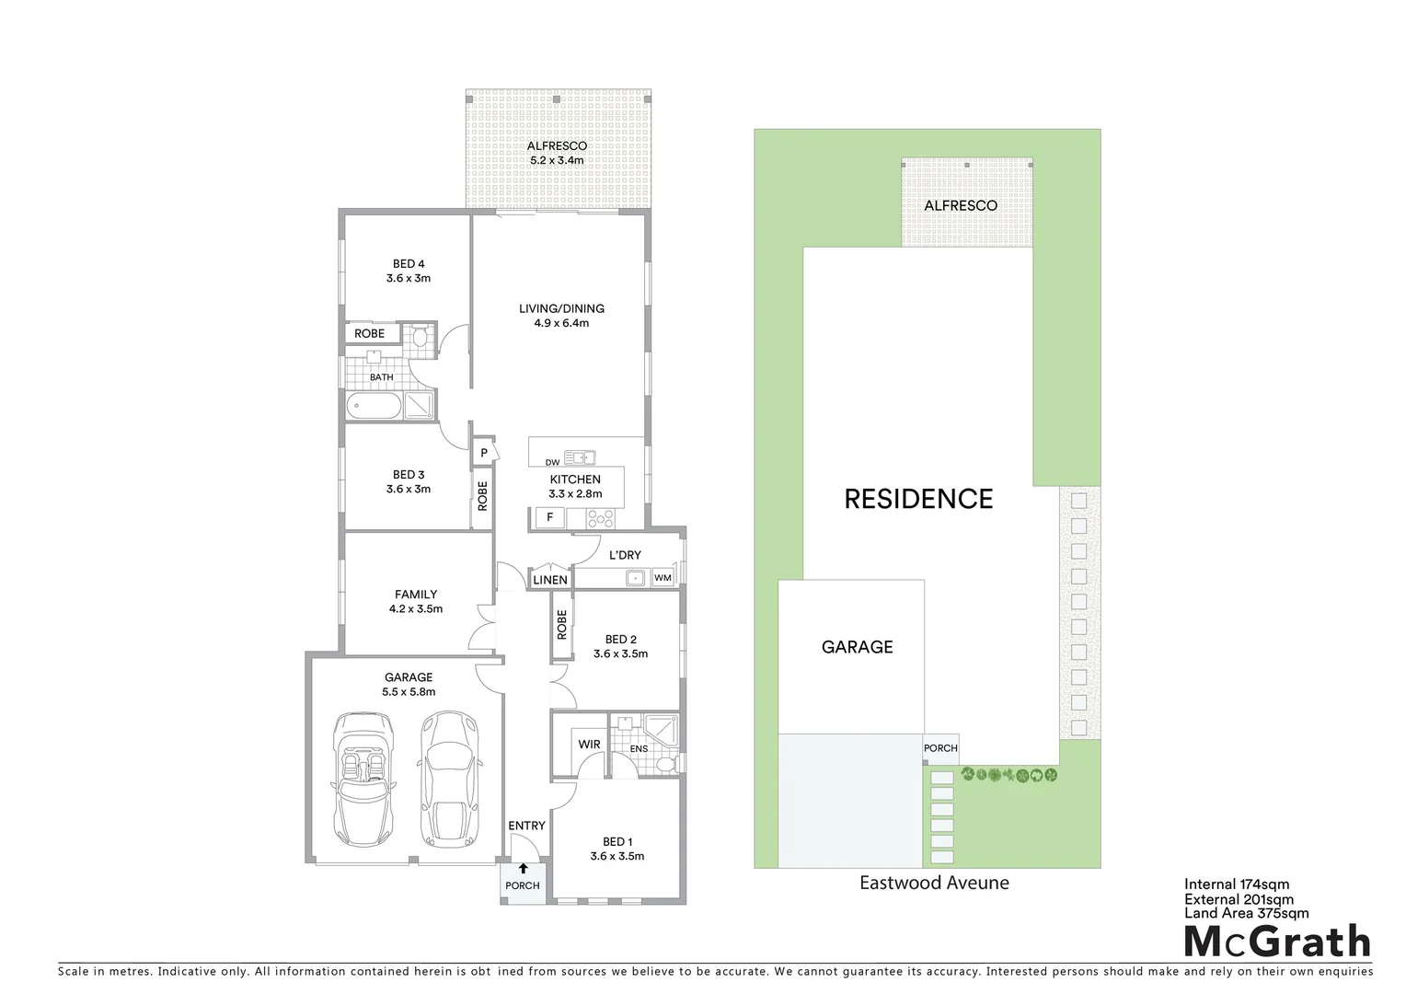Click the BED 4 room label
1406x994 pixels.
[x=409, y=264]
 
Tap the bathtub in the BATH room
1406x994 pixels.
[x=374, y=406]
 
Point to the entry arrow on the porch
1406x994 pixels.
[x=523, y=868]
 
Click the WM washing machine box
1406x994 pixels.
[x=663, y=578]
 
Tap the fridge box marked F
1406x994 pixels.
[x=549, y=517]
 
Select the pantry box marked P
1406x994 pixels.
[x=484, y=453]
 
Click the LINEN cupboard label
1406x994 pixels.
[x=550, y=580]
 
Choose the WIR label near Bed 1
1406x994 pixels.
[x=589, y=745]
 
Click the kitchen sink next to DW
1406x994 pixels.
[x=580, y=457]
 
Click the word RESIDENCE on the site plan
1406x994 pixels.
[x=918, y=499]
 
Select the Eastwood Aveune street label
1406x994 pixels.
[x=934, y=883]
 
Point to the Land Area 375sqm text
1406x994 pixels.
[x=1246, y=913]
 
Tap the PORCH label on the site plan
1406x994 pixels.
[x=940, y=748]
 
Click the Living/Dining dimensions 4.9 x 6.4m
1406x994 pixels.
[x=561, y=323]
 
